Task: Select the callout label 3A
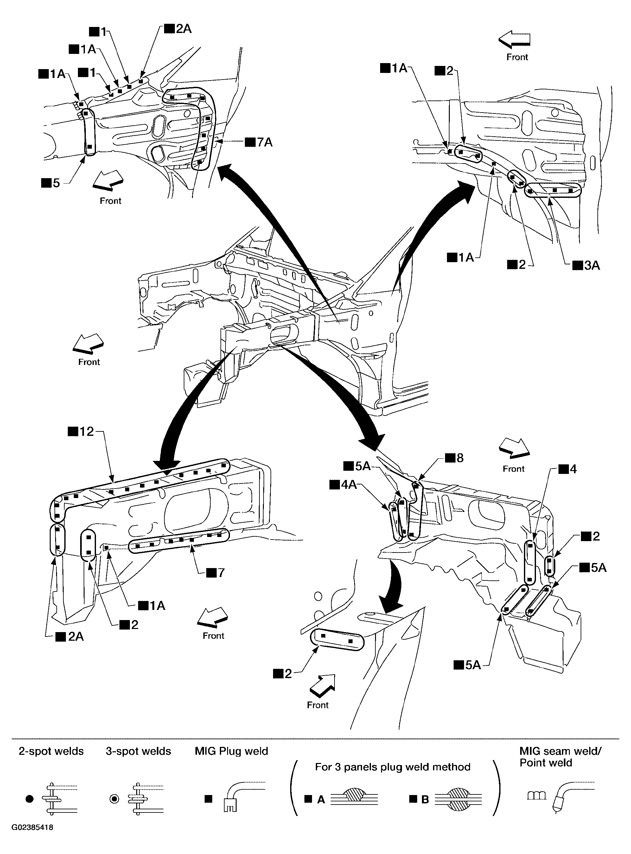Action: [x=586, y=265]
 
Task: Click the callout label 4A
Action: [x=343, y=485]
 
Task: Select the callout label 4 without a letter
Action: [x=568, y=469]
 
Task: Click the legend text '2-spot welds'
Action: [x=51, y=751]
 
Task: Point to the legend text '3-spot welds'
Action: [x=138, y=751]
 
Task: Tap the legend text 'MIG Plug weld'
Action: [x=232, y=751]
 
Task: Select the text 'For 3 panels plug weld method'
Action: [x=393, y=767]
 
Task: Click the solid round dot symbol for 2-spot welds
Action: [x=29, y=799]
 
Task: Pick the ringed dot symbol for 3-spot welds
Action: [x=114, y=799]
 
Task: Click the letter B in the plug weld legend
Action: [x=425, y=799]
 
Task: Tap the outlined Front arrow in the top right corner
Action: [x=514, y=40]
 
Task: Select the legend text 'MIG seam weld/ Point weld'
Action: [x=560, y=757]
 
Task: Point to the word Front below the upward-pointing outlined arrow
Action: [x=318, y=705]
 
